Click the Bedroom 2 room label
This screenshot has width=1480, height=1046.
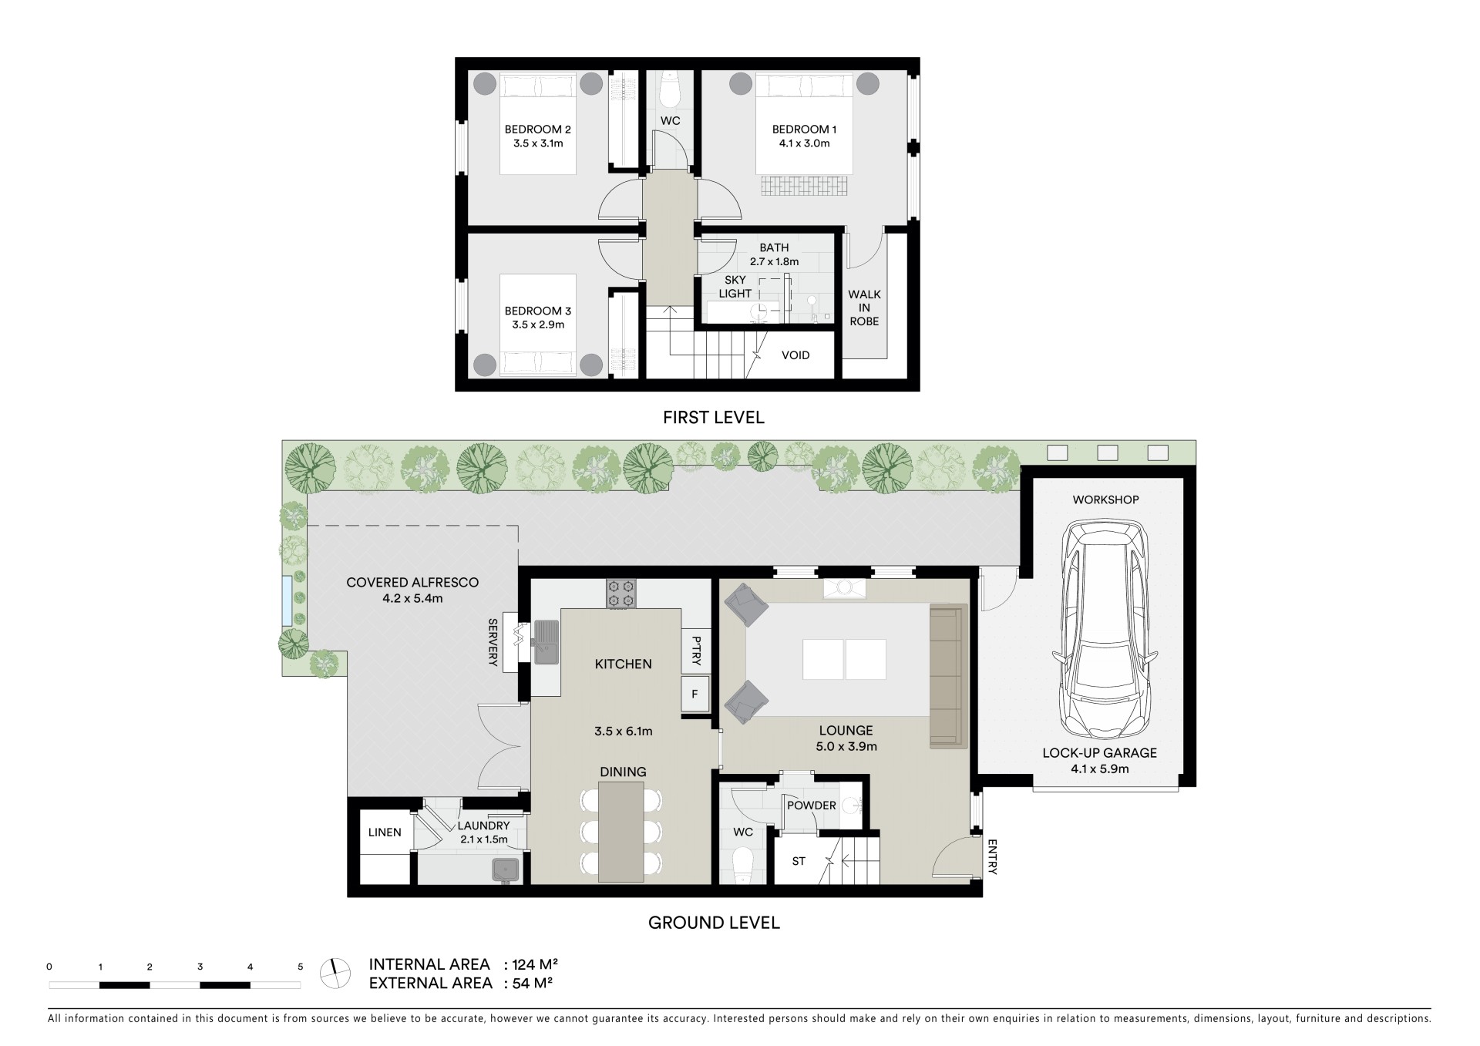click(537, 129)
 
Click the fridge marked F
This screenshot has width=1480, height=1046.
click(695, 695)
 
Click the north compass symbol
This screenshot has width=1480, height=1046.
click(334, 973)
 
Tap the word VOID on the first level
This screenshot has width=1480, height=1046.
click(795, 355)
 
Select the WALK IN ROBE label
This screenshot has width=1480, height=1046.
click(864, 308)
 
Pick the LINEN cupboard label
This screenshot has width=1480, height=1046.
click(385, 832)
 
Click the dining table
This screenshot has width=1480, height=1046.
click(621, 832)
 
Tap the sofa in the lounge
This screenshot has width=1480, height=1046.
click(948, 676)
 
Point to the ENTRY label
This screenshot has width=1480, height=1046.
click(992, 857)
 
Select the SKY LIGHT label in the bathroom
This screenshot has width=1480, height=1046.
click(735, 287)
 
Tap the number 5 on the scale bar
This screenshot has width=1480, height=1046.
click(301, 967)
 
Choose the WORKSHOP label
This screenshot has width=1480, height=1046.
click(1105, 499)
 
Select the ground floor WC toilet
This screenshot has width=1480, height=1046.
click(744, 866)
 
